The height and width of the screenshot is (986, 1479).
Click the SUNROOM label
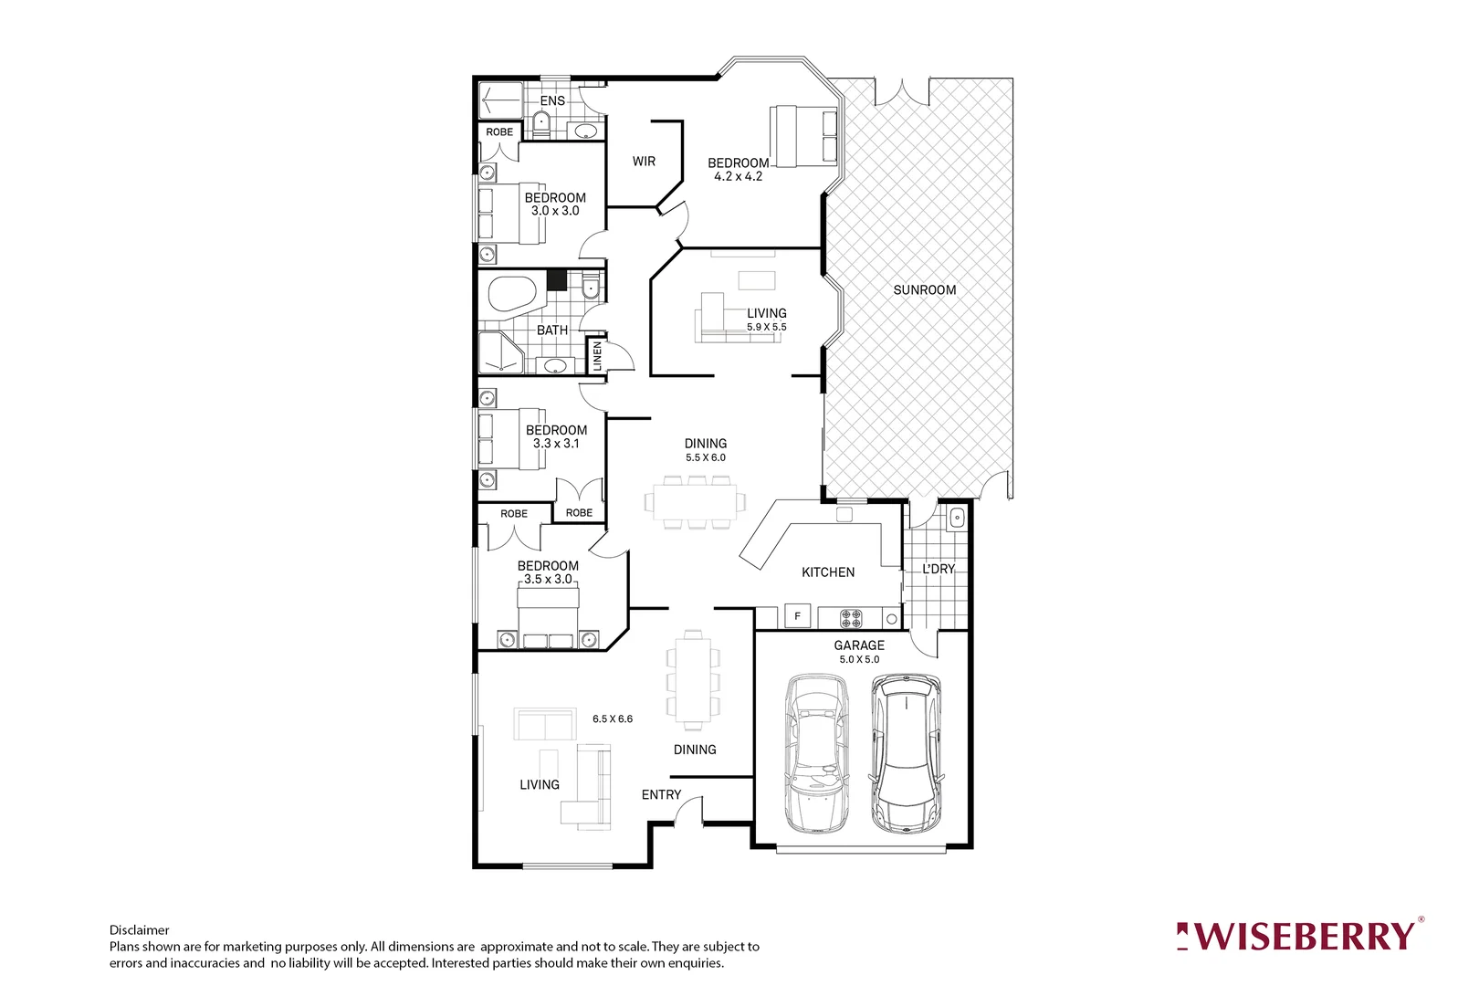pyautogui.click(x=924, y=289)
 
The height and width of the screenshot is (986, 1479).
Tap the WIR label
pyautogui.click(x=644, y=161)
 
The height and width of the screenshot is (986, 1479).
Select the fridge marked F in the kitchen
pyautogui.click(x=797, y=616)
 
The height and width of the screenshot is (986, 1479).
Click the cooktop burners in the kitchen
pyautogui.click(x=851, y=618)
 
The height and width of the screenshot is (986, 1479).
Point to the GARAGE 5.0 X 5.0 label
pyautogui.click(x=859, y=651)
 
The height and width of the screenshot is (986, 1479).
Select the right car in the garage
pyautogui.click(x=906, y=753)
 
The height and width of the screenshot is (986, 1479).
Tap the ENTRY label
pyautogui.click(x=661, y=794)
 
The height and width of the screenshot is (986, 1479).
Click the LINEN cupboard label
pyautogui.click(x=597, y=355)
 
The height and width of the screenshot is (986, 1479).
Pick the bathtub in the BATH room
pyautogui.click(x=512, y=294)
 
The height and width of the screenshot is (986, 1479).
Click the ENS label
pyautogui.click(x=552, y=100)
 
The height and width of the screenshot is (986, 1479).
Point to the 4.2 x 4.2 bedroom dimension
pyautogui.click(x=738, y=176)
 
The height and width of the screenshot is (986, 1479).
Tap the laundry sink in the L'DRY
pyautogui.click(x=956, y=519)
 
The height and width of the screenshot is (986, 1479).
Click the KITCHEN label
pyautogui.click(x=828, y=572)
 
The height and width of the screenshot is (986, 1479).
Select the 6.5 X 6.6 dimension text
pyautogui.click(x=612, y=719)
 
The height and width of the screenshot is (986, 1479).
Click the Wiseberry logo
pyautogui.click(x=1299, y=936)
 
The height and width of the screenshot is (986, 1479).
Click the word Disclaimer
pyautogui.click(x=139, y=930)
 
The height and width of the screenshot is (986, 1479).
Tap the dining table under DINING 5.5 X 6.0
pyautogui.click(x=695, y=502)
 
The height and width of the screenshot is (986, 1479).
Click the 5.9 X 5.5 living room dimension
pyautogui.click(x=766, y=327)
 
